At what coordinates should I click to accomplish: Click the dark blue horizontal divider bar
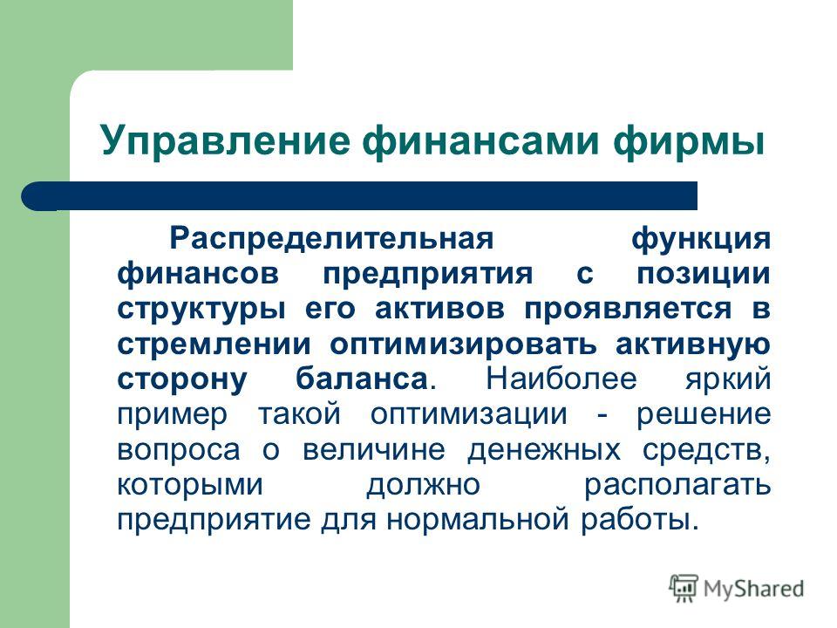coord(359,196)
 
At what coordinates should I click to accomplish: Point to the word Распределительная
coord(331,239)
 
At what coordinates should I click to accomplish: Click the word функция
coord(701,239)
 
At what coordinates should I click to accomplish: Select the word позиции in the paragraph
coord(704,274)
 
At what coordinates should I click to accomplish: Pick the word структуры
coord(201,309)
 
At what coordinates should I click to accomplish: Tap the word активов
coord(439,309)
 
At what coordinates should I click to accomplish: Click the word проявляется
coord(629,309)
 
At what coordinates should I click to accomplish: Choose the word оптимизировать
coord(463,345)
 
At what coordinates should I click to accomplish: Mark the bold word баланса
coord(362,379)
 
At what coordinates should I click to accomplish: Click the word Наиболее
coord(561,379)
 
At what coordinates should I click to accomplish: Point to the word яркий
coord(728,379)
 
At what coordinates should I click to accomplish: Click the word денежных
coord(544,450)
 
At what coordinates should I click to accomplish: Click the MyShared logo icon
coord(684,588)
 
